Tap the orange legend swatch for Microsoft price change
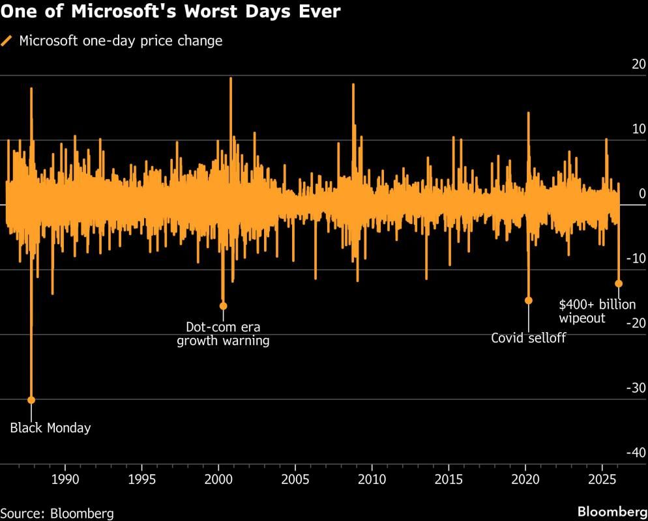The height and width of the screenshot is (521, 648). pos(7,41)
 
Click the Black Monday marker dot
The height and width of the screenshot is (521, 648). pos(31,400)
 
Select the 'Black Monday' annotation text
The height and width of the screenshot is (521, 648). pos(51,428)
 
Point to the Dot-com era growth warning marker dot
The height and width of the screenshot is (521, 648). pos(223,306)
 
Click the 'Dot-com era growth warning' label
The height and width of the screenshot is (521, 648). pos(223,333)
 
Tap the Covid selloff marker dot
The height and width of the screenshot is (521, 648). pos(528,300)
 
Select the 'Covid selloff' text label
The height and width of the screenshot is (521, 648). pos(528,338)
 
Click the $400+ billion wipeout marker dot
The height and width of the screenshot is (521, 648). pos(619,283)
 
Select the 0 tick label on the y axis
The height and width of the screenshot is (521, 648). pos(642,194)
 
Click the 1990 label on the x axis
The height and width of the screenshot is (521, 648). pos(65,479)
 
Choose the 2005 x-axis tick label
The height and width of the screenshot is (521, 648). pos(295,479)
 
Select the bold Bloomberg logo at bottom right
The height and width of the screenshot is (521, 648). pos(610,511)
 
